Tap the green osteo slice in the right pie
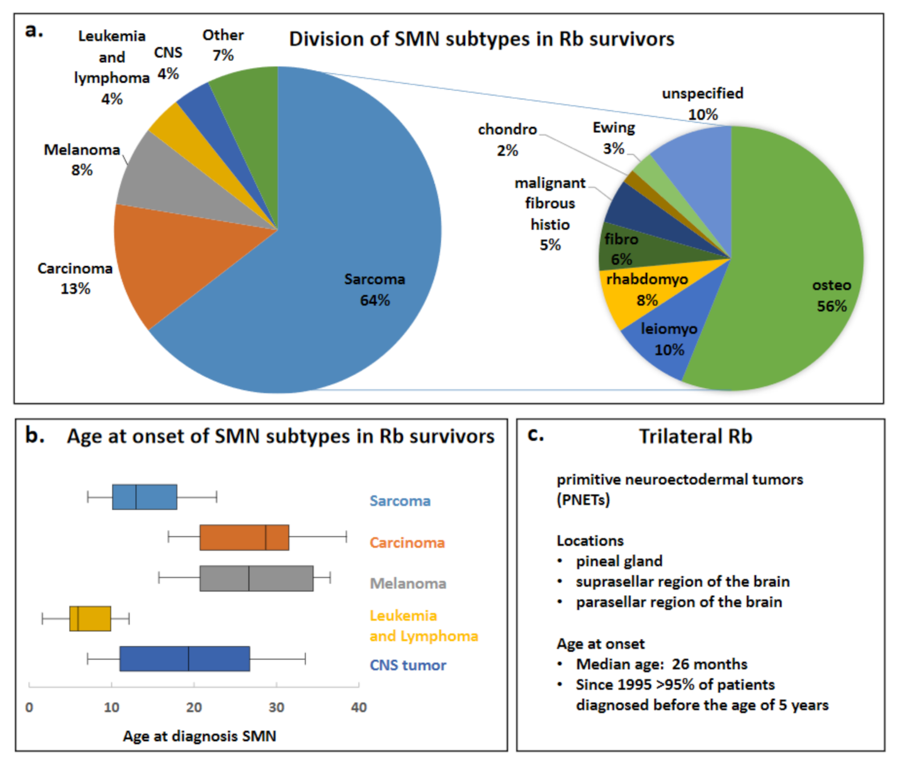799,257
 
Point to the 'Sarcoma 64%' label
374,290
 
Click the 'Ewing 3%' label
613,137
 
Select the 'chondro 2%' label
507,140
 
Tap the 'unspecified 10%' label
702,103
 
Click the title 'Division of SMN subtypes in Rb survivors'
482,39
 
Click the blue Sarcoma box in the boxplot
144,497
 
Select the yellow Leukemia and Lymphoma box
90,618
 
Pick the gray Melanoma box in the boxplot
256,578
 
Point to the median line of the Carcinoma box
266,538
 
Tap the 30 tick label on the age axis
276,707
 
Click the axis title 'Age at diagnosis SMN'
199,736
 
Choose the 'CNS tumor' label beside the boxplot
407,665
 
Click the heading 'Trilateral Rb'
695,436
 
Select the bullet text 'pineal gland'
619,561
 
